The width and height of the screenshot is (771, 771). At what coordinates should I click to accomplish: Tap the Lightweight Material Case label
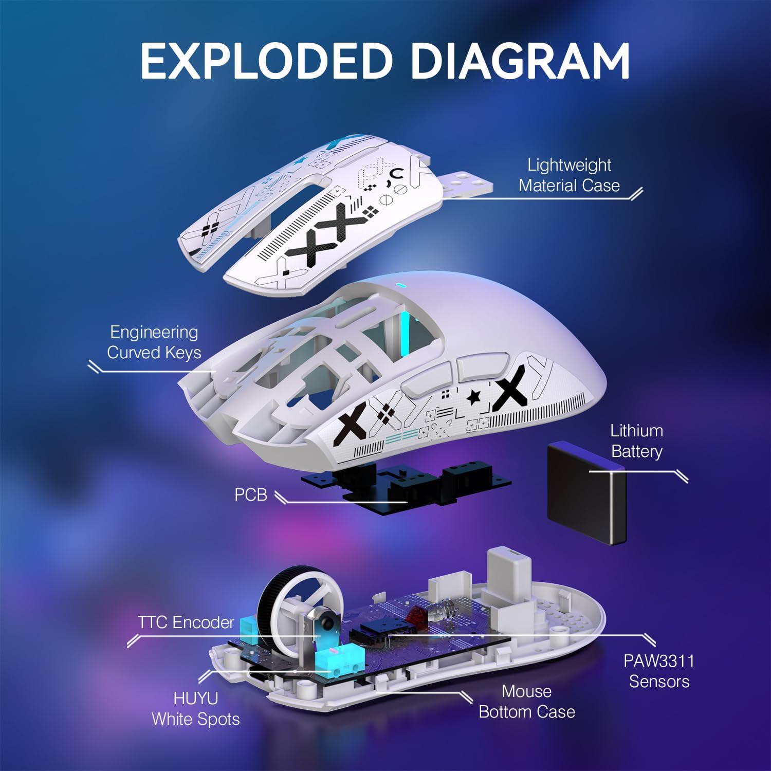(569, 175)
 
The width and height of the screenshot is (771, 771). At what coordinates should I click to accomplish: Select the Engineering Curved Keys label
(154, 342)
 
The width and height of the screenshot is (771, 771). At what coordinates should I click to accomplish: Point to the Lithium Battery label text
(636, 441)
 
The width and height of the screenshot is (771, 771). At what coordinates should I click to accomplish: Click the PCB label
(251, 494)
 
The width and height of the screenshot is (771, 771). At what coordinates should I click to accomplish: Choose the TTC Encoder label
(186, 622)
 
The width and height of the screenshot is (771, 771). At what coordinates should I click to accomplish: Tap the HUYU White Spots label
(195, 708)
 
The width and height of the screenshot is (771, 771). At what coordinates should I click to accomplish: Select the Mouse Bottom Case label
(526, 702)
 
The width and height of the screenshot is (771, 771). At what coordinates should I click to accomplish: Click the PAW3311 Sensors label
(658, 671)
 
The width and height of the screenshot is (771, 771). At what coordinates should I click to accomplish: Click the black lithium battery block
(586, 493)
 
